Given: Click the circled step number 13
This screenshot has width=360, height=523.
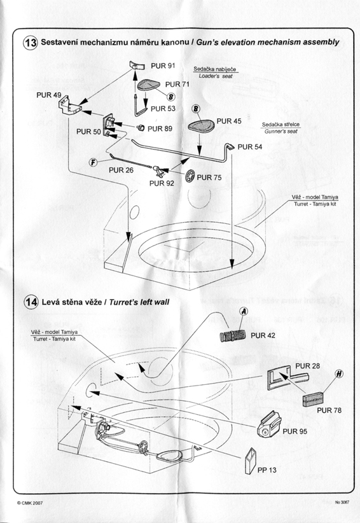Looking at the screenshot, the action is tap(31, 43).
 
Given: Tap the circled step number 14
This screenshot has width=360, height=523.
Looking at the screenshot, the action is tap(31, 302).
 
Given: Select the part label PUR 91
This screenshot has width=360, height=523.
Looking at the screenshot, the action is tap(163, 66).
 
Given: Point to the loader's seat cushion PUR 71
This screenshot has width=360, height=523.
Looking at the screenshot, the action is tap(148, 85).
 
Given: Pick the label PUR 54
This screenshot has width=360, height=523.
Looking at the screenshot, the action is tap(250, 147).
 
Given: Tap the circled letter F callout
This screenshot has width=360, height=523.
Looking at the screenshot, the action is tap(93, 162).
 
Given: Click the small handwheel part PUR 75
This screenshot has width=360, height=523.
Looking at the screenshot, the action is tap(190, 176).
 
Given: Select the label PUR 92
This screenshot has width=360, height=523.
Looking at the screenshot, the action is tap(162, 183).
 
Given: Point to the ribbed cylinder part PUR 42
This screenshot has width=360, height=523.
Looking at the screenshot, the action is tap(233, 335).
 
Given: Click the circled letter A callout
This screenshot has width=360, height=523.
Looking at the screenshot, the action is tap(244, 311).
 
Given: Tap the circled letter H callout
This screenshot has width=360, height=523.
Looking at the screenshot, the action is tap(339, 374).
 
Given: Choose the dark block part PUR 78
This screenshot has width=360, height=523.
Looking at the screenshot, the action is tap(314, 400).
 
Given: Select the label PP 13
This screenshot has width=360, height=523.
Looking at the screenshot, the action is tap(267, 470).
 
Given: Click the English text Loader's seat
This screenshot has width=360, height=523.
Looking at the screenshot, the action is tap(216, 76).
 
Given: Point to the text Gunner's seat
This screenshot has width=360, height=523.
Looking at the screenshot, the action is tap(281, 132).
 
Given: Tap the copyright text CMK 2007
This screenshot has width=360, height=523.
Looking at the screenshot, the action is tap(30, 503).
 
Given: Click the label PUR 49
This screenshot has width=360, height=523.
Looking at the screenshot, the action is tap(49, 95).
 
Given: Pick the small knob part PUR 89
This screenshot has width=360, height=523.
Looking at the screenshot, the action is tap(141, 127).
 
